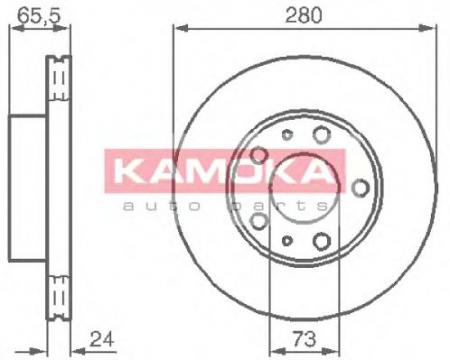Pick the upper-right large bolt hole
click(321, 134)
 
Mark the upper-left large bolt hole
click(260, 154)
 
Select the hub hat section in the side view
click(28, 186)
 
